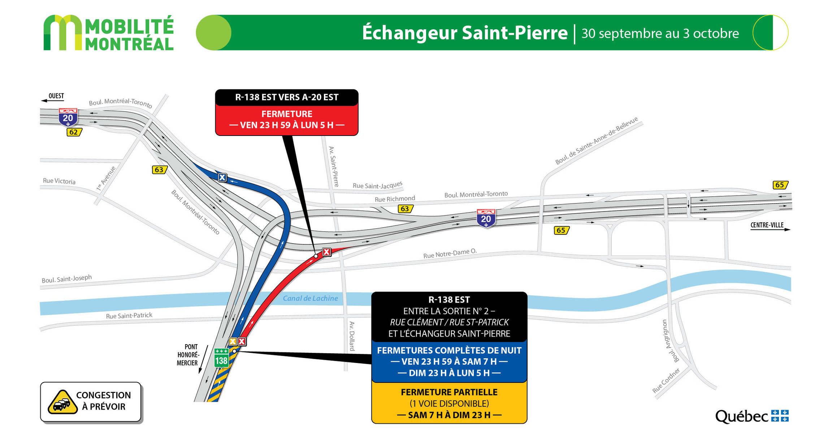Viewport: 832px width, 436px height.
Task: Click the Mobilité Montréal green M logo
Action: (62, 33)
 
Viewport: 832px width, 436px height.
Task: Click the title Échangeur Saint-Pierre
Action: (465, 33)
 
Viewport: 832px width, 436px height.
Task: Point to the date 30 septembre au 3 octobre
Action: (660, 33)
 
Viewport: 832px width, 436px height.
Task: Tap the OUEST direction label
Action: (56, 96)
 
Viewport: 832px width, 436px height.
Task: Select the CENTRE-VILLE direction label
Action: (767, 225)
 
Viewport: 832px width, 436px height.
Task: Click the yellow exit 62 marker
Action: (74, 132)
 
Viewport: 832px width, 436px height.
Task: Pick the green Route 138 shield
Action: (221, 358)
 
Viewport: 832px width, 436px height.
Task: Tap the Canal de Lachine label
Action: (310, 298)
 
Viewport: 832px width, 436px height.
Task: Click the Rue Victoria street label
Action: (59, 181)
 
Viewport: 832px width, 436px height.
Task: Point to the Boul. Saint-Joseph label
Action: (66, 279)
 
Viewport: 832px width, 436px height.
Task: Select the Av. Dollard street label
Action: (352, 336)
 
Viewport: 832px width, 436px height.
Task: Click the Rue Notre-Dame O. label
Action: (450, 253)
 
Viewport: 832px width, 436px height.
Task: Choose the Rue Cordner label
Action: (666, 380)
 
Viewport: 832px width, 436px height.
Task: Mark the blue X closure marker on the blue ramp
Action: (222, 178)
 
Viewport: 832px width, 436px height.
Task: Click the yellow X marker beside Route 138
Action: (233, 341)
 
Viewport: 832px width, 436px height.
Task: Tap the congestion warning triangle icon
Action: (62, 402)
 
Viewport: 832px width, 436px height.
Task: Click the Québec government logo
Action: (752, 416)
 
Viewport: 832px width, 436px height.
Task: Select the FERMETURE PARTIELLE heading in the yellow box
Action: (449, 392)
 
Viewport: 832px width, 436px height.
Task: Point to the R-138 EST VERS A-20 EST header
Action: (287, 97)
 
